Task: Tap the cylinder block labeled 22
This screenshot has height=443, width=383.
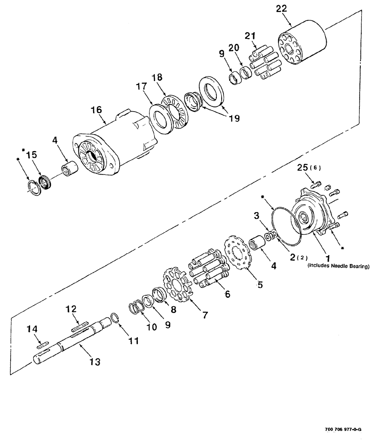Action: (x=302, y=44)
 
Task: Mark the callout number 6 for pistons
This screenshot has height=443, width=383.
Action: (x=227, y=293)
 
